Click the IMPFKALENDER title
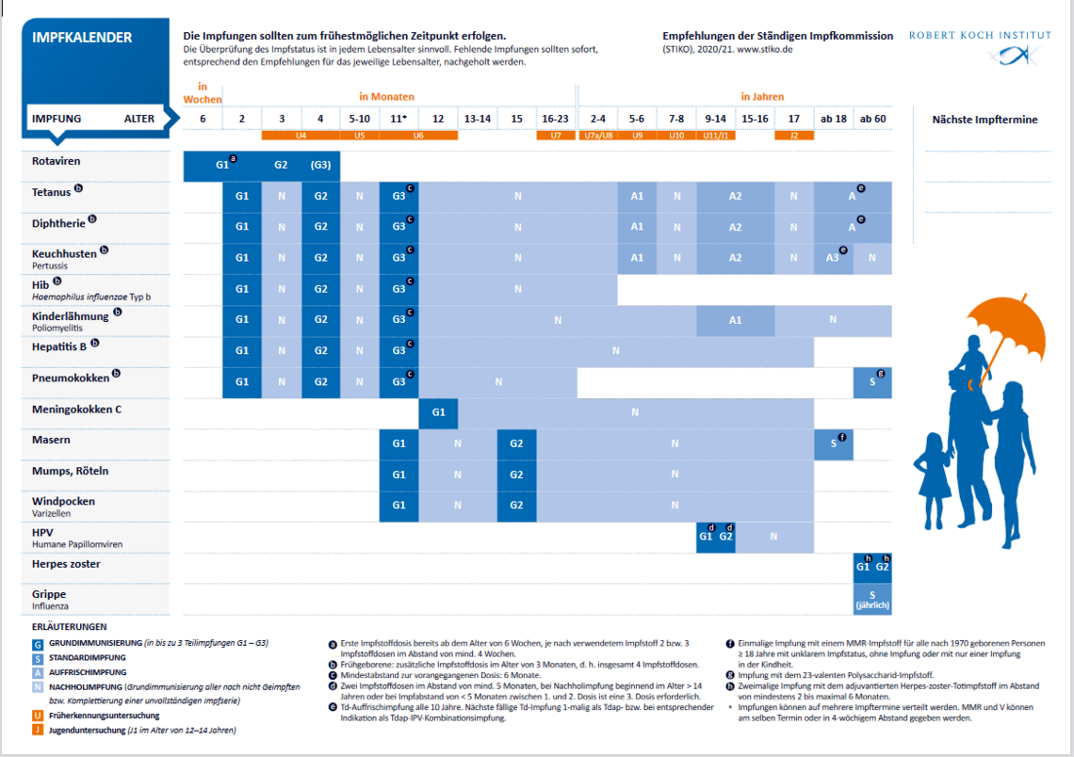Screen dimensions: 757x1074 [x=82, y=38]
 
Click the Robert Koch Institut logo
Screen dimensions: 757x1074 [x=980, y=47]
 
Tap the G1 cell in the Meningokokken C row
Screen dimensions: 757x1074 [x=438, y=412]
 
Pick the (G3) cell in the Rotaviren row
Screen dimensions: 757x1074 [x=320, y=165]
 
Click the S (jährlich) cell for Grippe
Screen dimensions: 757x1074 [x=872, y=599]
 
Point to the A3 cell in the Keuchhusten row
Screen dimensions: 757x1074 [x=834, y=258]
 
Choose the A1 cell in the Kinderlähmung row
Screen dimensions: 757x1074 [x=736, y=320]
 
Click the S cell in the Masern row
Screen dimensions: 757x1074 [x=834, y=443]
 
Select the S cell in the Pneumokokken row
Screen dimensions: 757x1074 [x=872, y=382]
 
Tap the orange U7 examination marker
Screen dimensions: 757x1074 [x=556, y=136]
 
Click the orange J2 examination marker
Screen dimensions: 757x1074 [x=794, y=136]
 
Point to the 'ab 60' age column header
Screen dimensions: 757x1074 [x=872, y=119]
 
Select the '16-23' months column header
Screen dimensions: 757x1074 [x=556, y=119]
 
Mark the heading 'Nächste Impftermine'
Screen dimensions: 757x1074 [x=984, y=120]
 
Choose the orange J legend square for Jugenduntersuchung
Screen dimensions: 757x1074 [x=38, y=730]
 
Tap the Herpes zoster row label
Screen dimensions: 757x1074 [x=66, y=564]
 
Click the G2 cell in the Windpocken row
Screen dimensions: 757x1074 [x=516, y=505]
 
